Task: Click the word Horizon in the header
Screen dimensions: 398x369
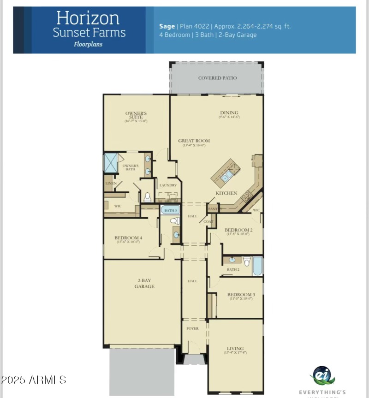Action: pyautogui.click(x=88, y=18)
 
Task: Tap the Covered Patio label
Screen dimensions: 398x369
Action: pyautogui.click(x=217, y=78)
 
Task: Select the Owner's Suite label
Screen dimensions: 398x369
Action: pyautogui.click(x=136, y=115)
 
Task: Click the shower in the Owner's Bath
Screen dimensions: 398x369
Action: pyautogui.click(x=111, y=163)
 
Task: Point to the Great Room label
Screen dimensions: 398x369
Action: pyautogui.click(x=194, y=141)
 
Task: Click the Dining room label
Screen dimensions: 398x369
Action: pyautogui.click(x=229, y=113)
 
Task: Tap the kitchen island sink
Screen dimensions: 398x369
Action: pyautogui.click(x=226, y=176)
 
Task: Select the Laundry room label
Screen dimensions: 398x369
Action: pyautogui.click(x=168, y=185)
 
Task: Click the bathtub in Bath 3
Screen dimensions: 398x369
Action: pyautogui.click(x=170, y=210)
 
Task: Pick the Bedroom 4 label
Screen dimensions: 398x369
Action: pyautogui.click(x=128, y=238)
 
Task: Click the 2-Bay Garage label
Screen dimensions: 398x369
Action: pyautogui.click(x=144, y=283)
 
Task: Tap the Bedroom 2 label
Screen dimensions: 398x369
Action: pyautogui.click(x=238, y=230)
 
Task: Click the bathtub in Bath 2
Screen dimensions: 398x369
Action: pyautogui.click(x=257, y=266)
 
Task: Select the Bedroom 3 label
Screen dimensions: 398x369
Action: pyautogui.click(x=241, y=295)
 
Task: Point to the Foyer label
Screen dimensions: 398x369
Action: pyautogui.click(x=192, y=328)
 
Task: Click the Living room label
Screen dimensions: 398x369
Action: pyautogui.click(x=235, y=349)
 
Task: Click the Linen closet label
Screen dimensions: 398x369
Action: pyautogui.click(x=111, y=184)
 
